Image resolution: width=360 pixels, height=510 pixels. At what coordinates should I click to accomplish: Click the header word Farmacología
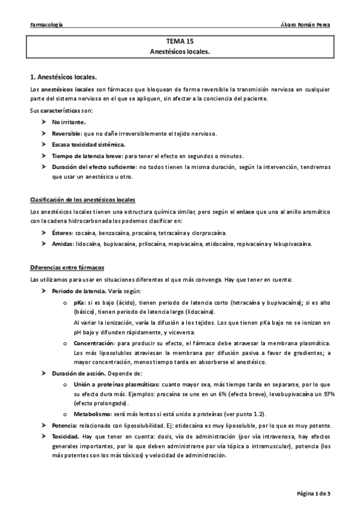coord(46,25)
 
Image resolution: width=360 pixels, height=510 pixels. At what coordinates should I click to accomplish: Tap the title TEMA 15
coord(180,43)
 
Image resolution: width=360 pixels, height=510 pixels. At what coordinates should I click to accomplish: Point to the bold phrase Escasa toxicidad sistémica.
coord(88,144)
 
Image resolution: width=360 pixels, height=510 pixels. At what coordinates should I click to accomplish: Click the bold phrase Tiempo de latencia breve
coord(86,155)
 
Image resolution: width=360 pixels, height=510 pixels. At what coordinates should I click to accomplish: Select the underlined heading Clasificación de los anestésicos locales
coord(82,199)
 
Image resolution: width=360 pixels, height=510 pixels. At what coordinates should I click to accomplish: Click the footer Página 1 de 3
coord(314,493)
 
